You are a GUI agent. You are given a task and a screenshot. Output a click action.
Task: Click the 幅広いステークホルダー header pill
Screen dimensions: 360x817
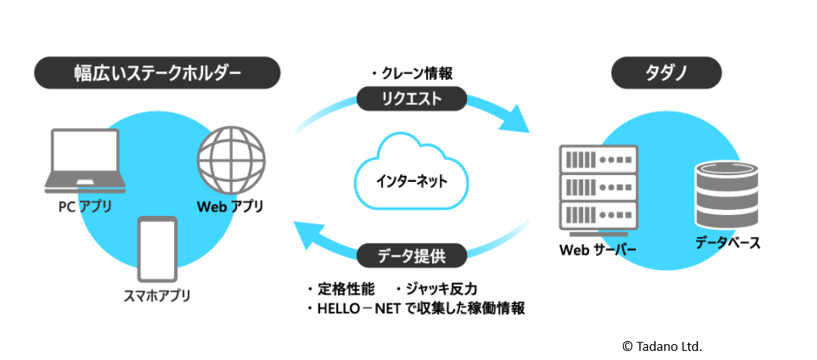point(157,74)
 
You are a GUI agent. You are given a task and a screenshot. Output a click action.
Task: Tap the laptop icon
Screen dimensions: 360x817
point(85,161)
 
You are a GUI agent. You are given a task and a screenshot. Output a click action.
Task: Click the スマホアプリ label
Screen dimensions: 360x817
point(157,295)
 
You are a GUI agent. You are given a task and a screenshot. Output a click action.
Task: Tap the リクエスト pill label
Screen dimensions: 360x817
point(411,99)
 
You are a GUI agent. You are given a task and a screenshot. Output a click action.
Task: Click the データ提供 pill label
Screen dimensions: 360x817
point(412,257)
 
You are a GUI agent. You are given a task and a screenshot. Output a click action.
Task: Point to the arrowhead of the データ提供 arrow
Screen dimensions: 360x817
point(306,235)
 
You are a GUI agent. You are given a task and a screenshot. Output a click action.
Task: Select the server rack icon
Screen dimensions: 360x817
point(597,189)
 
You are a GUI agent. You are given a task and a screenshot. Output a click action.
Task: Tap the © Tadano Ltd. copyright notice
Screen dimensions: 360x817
point(662,346)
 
